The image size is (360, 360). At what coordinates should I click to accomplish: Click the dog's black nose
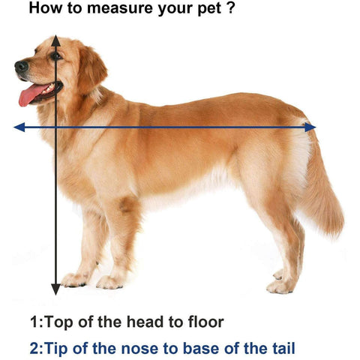(21, 67)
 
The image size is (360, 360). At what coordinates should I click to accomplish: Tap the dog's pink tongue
(31, 94)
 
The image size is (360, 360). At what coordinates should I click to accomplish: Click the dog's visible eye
(55, 55)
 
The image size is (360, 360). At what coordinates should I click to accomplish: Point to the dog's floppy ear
(92, 69)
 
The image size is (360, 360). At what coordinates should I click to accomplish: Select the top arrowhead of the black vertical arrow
(55, 41)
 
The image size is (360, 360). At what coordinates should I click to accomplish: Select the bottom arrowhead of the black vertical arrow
(55, 289)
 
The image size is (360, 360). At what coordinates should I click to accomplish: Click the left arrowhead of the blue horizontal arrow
(19, 127)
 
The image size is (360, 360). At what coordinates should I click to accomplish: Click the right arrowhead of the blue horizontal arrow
(310, 127)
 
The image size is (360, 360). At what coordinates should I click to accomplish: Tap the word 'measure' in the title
(121, 8)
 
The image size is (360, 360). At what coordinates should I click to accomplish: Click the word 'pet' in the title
(209, 10)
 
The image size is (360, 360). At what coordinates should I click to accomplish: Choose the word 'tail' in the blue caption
(282, 348)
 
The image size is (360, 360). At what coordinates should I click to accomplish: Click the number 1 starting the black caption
(34, 322)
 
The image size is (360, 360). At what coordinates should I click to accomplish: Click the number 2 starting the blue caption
(34, 348)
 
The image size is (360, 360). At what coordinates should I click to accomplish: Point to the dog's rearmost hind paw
(280, 287)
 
